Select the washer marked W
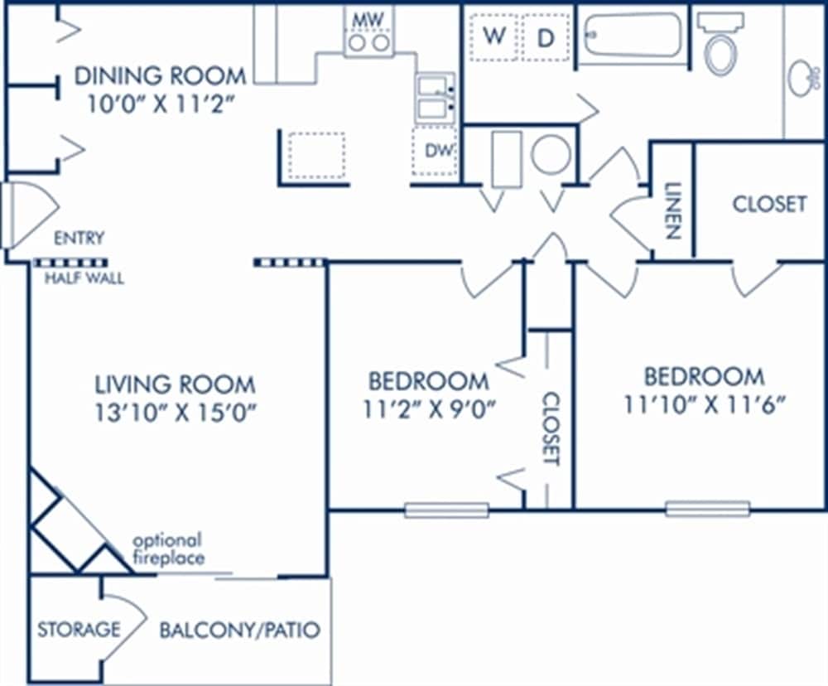point(494,36)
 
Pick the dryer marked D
point(545,37)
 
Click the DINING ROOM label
point(160,76)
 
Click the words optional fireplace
point(168,549)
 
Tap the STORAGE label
point(78,630)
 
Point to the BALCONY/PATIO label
point(239,630)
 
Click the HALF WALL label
point(84,278)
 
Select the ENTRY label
point(79,239)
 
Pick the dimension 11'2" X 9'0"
point(427,409)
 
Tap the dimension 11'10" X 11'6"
point(704,405)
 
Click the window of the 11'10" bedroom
point(708,509)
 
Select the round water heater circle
point(551,155)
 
